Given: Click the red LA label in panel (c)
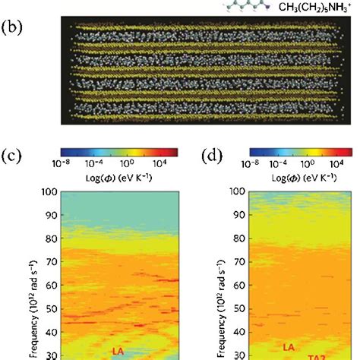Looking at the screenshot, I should tap(117, 352).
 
